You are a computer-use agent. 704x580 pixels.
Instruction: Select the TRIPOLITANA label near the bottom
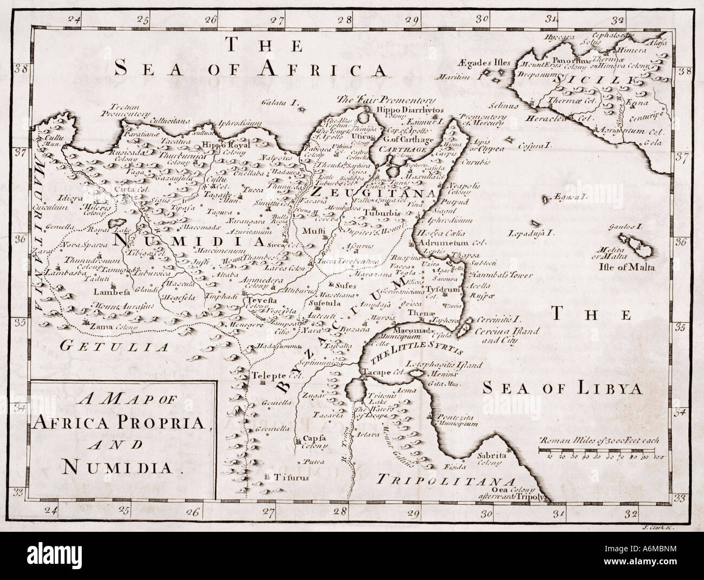(446, 479)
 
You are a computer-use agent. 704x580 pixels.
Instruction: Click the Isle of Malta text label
(626, 268)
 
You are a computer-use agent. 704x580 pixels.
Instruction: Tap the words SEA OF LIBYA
(562, 388)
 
